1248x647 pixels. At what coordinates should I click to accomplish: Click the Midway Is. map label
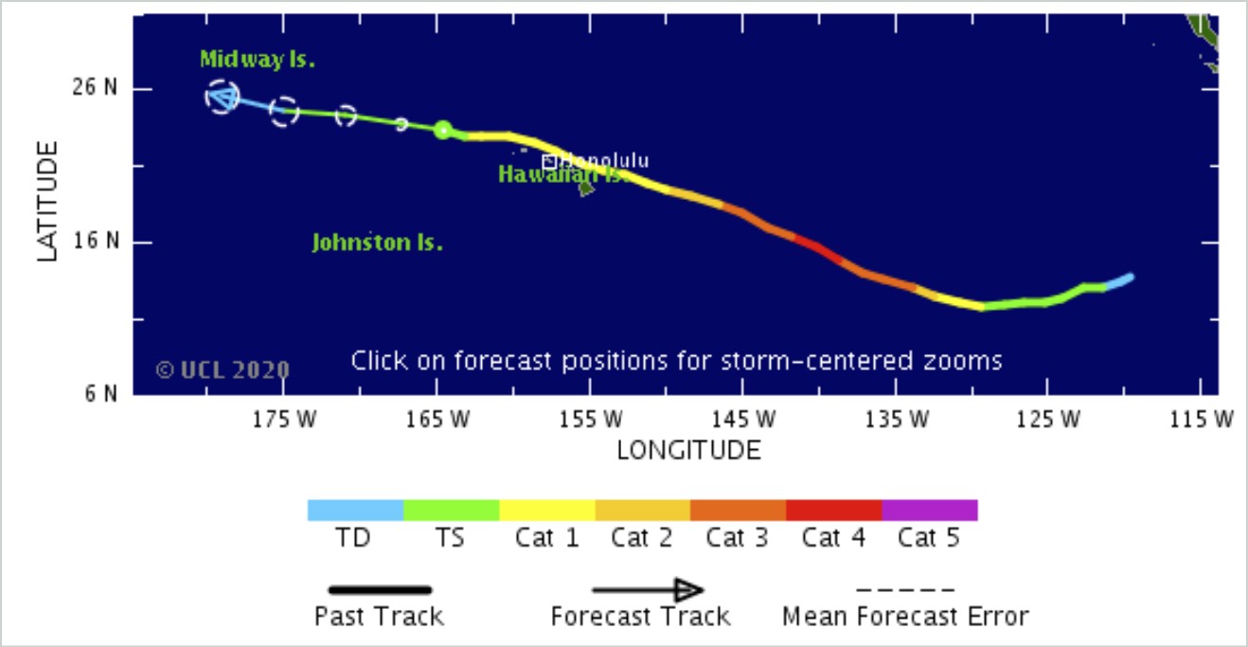(x=257, y=60)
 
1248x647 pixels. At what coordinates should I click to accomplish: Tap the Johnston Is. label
(x=378, y=243)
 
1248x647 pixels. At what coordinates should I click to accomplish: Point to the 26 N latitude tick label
(x=94, y=88)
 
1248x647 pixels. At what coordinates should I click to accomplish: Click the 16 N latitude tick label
(x=94, y=242)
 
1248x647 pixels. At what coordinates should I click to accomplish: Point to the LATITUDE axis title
(x=48, y=201)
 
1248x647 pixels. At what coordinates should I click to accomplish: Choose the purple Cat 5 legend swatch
(x=929, y=510)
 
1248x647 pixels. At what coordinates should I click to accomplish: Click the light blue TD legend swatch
(x=355, y=510)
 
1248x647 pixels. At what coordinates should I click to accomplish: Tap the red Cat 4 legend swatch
(x=833, y=510)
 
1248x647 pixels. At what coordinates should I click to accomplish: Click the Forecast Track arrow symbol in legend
(x=648, y=590)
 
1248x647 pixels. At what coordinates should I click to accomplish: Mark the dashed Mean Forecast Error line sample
(x=905, y=590)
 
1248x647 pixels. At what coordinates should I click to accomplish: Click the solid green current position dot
(x=442, y=130)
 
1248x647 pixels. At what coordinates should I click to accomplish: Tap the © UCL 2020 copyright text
(x=223, y=369)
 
